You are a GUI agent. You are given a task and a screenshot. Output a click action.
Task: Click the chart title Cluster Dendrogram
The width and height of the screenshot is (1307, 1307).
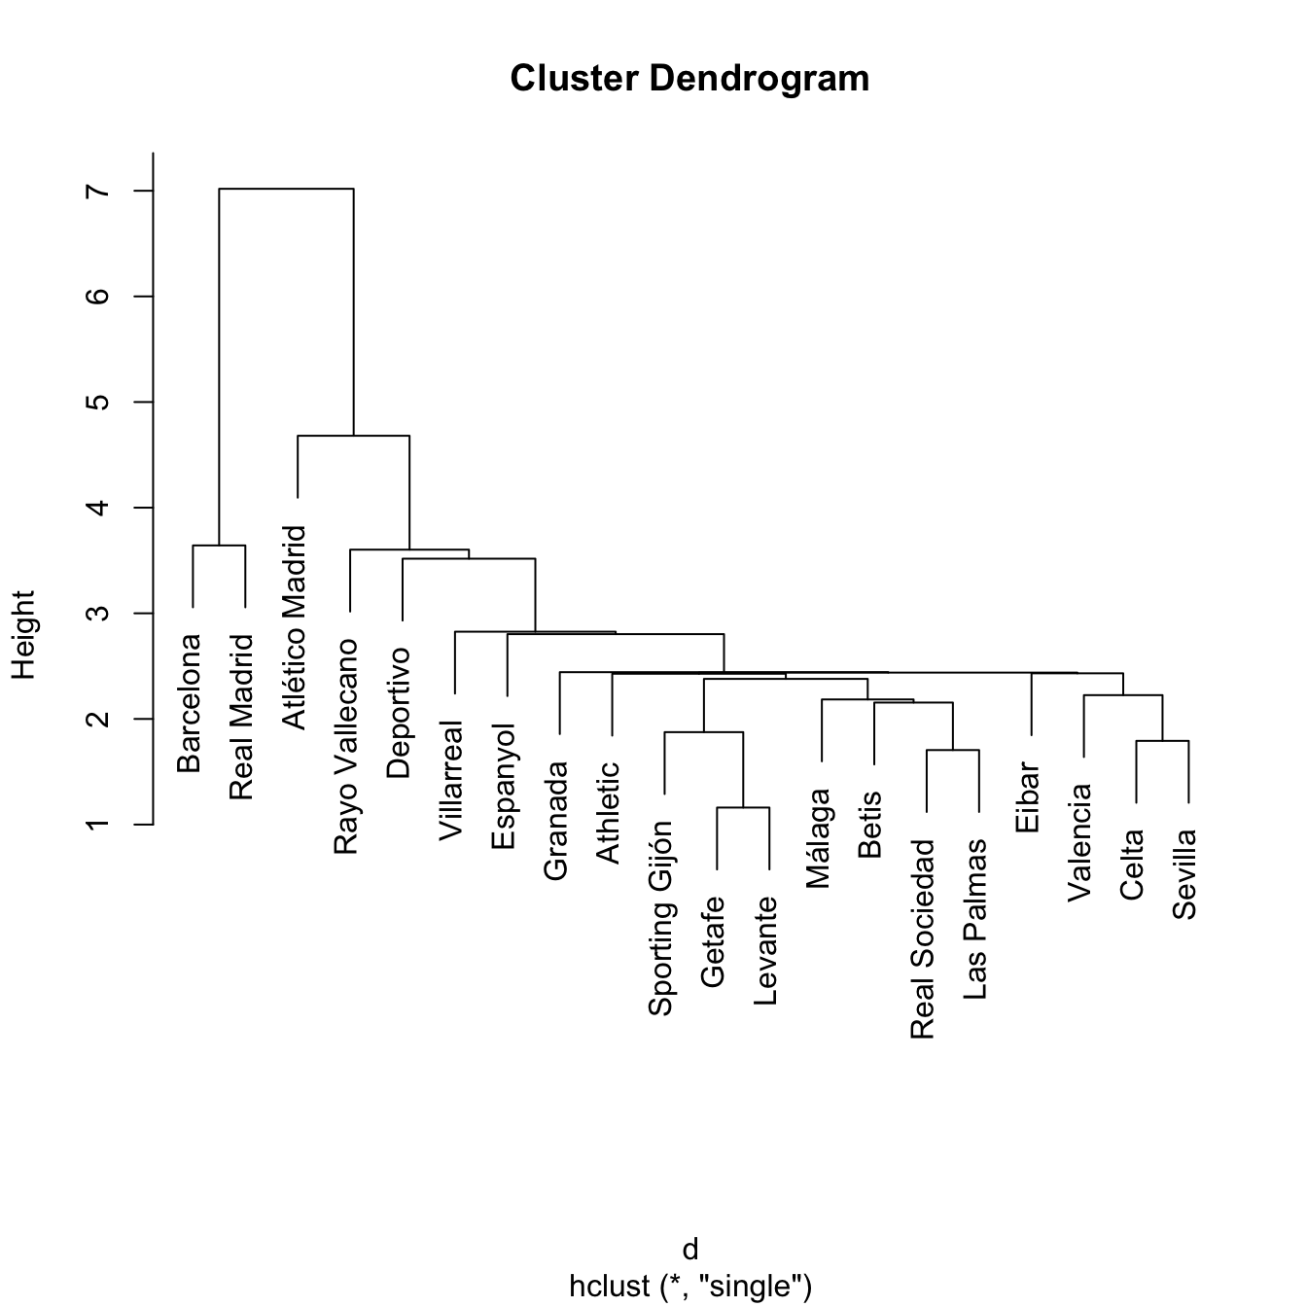pyautogui.click(x=689, y=79)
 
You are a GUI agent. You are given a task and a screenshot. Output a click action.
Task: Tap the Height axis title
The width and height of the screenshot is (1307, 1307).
pyautogui.click(x=23, y=634)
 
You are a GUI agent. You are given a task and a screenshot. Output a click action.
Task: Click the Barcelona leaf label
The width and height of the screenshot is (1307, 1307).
pyautogui.click(x=190, y=703)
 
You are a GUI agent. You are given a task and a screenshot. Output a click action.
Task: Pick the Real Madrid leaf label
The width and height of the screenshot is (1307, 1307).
pyautogui.click(x=241, y=718)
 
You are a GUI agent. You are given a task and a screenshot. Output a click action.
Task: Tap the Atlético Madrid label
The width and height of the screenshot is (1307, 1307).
pyautogui.click(x=294, y=627)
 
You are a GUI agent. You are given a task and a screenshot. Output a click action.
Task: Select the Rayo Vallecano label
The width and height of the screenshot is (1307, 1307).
pyautogui.click(x=346, y=747)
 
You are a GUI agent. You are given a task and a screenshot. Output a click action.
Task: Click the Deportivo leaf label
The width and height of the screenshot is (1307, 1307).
pyautogui.click(x=399, y=713)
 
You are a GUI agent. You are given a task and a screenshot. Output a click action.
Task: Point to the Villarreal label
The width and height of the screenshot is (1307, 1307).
pyautogui.click(x=451, y=780)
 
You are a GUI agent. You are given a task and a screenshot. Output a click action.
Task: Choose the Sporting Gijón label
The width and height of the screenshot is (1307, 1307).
pyautogui.click(x=661, y=918)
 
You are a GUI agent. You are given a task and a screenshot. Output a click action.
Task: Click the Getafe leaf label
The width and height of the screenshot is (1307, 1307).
pyautogui.click(x=713, y=941)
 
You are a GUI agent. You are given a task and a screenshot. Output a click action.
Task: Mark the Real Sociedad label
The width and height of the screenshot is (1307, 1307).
pyautogui.click(x=923, y=939)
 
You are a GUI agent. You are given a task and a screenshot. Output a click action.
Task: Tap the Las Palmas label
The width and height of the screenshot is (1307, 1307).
pyautogui.click(x=975, y=919)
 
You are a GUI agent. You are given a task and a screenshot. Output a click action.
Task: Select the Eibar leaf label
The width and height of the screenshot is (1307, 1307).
pyautogui.click(x=1028, y=797)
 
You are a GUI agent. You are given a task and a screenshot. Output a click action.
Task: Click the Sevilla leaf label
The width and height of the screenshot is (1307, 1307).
pyautogui.click(x=1184, y=874)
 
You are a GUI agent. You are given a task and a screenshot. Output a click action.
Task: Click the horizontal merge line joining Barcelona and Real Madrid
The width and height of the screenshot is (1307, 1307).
pyautogui.click(x=219, y=546)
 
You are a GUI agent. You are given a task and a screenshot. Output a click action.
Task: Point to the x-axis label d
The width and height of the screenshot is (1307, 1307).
pyautogui.click(x=689, y=1250)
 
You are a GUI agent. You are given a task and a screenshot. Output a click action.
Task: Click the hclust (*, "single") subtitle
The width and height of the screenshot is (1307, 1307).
pyautogui.click(x=689, y=1286)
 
